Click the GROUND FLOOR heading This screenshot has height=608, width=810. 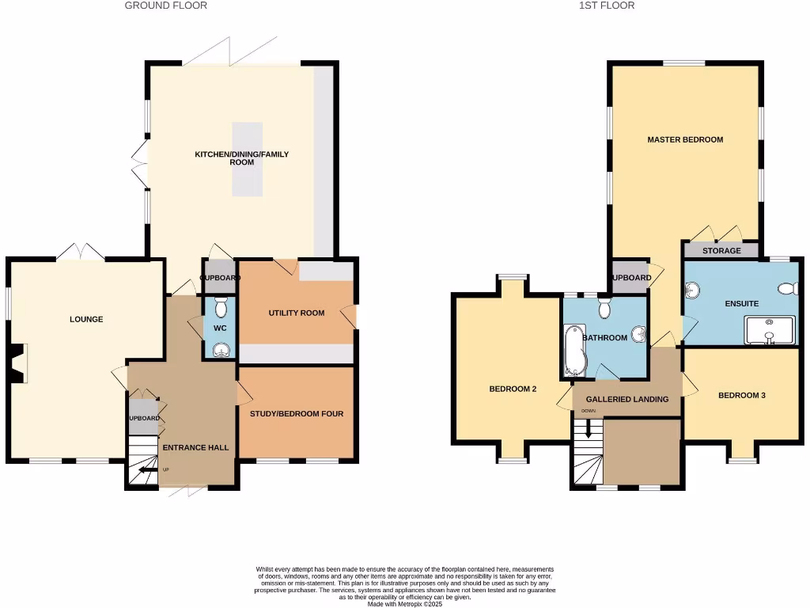(166, 6)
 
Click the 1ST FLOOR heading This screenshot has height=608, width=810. (606, 6)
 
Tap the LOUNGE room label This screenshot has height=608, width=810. (86, 320)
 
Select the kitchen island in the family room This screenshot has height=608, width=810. (246, 159)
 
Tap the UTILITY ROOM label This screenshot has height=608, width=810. (297, 313)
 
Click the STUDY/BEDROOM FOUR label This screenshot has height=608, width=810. (297, 414)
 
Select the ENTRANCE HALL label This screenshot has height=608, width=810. (195, 448)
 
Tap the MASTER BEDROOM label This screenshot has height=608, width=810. (685, 140)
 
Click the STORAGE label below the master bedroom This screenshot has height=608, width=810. (721, 251)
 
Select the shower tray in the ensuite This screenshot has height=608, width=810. (769, 330)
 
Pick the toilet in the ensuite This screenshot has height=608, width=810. (788, 289)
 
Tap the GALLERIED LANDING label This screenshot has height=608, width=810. (627, 399)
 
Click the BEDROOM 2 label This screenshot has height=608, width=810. (513, 389)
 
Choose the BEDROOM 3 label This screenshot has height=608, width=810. (741, 395)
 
